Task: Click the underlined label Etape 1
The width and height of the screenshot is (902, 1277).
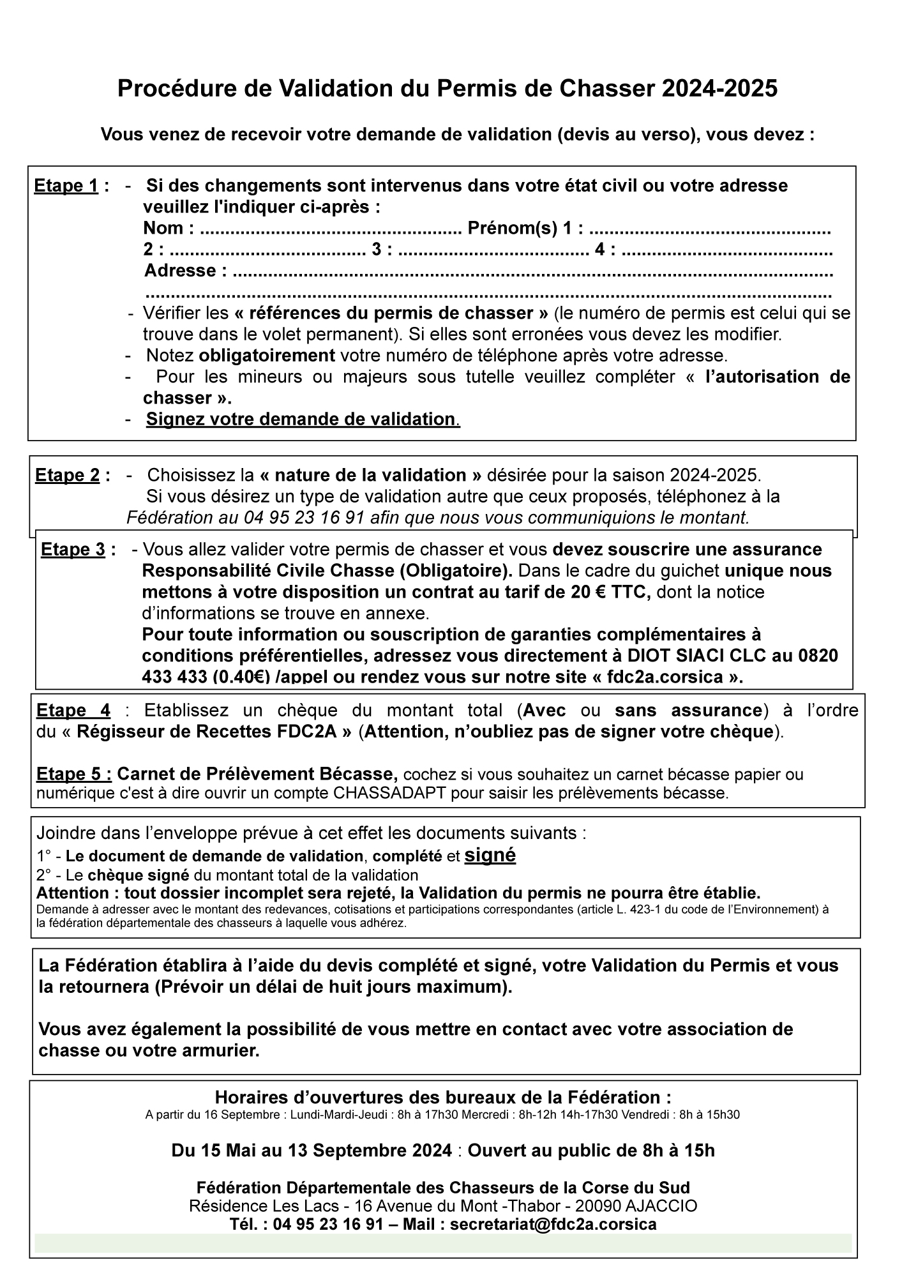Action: (x=66, y=186)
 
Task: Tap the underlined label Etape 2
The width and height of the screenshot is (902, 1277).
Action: (x=67, y=476)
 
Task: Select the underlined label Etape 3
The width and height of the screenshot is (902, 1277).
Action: (x=73, y=550)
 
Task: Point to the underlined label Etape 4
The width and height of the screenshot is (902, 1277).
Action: (x=73, y=710)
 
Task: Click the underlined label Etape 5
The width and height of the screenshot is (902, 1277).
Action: (x=74, y=775)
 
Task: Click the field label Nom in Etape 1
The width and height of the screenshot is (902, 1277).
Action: (x=163, y=228)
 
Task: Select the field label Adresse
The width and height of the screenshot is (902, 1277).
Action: (x=180, y=271)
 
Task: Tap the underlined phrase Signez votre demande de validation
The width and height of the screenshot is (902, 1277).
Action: (x=301, y=419)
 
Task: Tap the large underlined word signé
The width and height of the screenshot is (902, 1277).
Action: (x=490, y=855)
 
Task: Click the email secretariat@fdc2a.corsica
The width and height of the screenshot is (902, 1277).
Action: (x=553, y=1224)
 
